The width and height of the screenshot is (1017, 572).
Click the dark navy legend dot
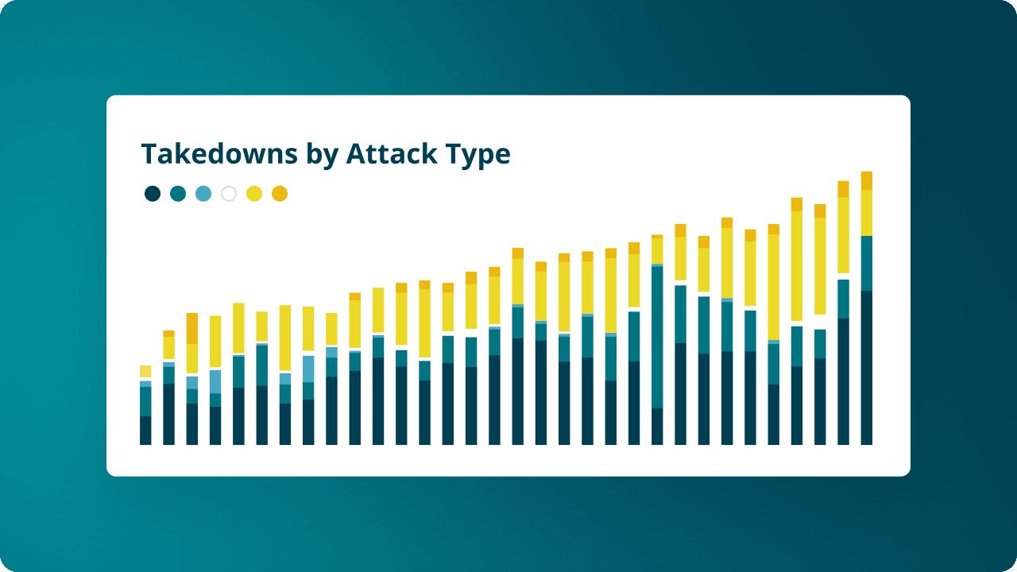(153, 193)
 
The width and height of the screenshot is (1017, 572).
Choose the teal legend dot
(178, 193)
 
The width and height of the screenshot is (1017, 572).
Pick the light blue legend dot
(203, 193)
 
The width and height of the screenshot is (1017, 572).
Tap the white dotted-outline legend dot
(229, 193)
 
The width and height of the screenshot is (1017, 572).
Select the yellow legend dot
(254, 193)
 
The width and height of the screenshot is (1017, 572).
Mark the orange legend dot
(280, 193)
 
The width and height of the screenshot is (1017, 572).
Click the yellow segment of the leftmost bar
(145, 371)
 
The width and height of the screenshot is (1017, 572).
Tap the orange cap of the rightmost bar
(867, 180)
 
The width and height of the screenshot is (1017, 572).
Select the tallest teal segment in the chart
(657, 337)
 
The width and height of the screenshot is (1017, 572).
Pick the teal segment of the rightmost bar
(867, 263)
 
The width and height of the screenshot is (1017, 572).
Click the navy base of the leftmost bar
(145, 430)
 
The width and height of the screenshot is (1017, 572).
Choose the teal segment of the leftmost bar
(145, 401)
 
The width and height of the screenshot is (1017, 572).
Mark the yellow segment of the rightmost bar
(867, 213)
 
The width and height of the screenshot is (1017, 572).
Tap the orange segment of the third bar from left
(191, 328)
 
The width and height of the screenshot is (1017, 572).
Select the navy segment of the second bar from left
(168, 414)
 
